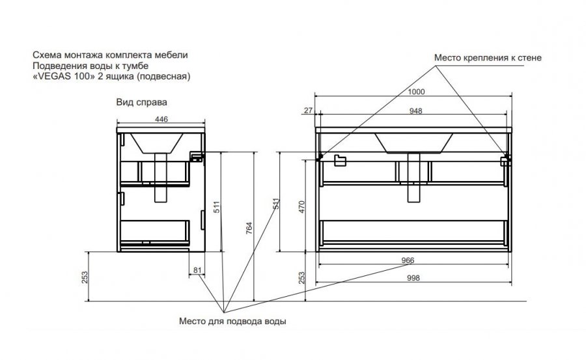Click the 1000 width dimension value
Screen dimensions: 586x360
point(416,92)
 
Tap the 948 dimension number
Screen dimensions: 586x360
point(415,111)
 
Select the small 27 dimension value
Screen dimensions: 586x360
point(309,111)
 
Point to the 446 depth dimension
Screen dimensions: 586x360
point(161,119)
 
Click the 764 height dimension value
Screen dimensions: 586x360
point(249,228)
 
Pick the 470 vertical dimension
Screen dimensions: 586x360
point(302,207)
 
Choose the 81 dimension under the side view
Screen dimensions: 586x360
point(197,270)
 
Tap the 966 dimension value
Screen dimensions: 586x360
point(408,260)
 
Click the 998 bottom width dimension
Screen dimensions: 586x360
point(413,278)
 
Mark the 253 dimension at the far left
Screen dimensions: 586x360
point(85,277)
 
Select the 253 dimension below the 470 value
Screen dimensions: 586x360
point(302,277)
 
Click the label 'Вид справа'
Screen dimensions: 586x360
point(142,102)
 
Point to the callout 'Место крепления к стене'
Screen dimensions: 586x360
point(488,58)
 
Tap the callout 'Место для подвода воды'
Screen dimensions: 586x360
point(232,321)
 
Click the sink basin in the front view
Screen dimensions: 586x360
point(414,143)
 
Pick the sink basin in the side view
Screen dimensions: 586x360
point(156,143)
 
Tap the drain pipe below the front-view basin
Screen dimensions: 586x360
point(413,178)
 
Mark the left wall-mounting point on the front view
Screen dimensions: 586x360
point(320,157)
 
